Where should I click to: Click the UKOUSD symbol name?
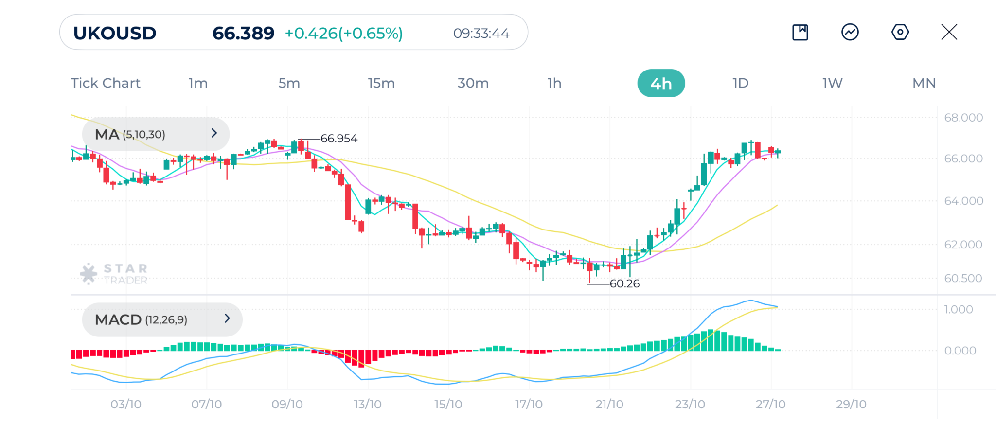click(x=115, y=33)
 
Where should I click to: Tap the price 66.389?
click(x=243, y=33)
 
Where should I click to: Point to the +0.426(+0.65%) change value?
click(x=344, y=33)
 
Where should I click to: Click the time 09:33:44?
click(x=481, y=33)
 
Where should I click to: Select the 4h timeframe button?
click(x=661, y=83)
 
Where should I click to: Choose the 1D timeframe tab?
click(x=740, y=83)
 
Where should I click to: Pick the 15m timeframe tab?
click(x=381, y=83)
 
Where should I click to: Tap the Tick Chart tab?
click(x=106, y=83)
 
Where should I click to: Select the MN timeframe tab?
click(x=924, y=83)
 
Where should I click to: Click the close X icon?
click(x=949, y=32)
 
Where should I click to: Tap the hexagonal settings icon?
click(x=900, y=32)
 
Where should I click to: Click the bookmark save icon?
click(x=800, y=32)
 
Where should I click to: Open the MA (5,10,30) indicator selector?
click(x=156, y=134)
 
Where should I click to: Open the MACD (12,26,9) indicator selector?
click(x=162, y=319)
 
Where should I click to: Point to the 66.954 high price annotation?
click(x=339, y=139)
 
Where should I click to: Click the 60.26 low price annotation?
click(x=624, y=283)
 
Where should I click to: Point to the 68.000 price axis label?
click(x=963, y=117)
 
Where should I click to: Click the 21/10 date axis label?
click(x=609, y=404)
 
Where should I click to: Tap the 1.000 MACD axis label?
click(x=958, y=309)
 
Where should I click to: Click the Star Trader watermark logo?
click(x=114, y=274)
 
